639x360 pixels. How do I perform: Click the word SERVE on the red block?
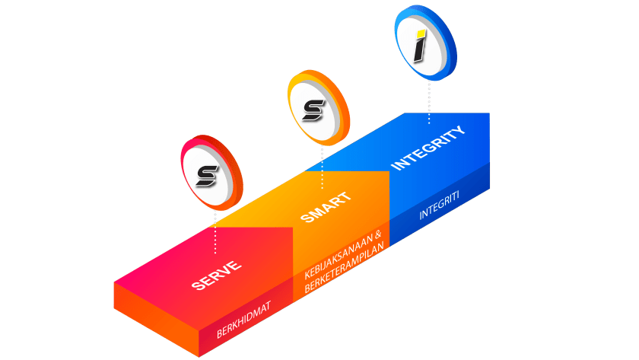tap(217, 276)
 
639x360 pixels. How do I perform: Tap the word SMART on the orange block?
tap(326, 208)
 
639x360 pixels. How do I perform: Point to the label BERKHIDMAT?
tap(243, 320)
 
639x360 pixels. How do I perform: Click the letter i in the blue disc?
tap(419, 46)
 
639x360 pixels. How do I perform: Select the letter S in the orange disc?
tap(313, 110)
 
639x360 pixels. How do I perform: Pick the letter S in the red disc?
tap(205, 175)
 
